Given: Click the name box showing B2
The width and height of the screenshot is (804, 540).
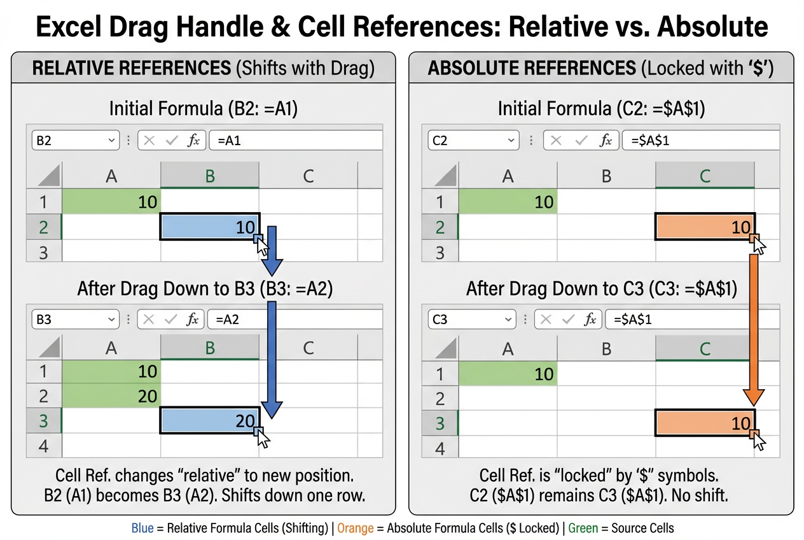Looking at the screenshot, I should coord(74,141).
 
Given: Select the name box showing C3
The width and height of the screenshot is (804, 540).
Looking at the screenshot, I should coord(471,319).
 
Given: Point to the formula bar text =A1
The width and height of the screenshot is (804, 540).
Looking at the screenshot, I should coord(229,141).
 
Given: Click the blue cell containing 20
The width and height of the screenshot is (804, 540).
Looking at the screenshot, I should coord(209,420).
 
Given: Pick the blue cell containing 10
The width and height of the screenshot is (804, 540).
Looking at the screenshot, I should coord(209,227).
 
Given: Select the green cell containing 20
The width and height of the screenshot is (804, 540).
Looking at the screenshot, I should coord(112,396).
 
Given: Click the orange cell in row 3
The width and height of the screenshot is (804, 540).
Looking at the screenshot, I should coord(704,423).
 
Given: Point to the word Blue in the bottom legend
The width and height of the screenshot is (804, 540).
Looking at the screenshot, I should coord(142,528).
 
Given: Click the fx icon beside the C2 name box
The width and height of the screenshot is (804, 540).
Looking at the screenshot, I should coord(606,141).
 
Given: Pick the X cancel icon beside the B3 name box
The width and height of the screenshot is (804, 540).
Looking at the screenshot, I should coord(149,319).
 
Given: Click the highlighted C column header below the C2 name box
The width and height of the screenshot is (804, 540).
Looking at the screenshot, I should coord(704,176).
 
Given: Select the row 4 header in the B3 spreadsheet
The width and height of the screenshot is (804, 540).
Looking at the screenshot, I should coord(43,446).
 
